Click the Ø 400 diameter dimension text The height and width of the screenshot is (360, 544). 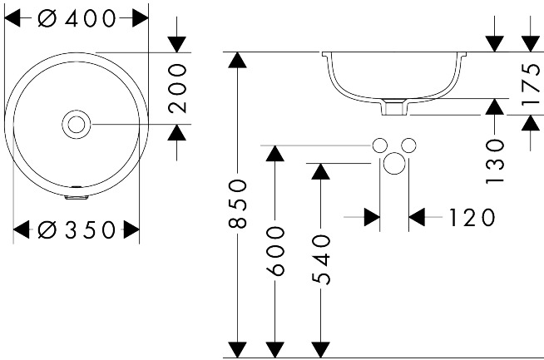pyautogui.click(x=77, y=18)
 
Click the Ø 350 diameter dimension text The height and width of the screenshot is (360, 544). pyautogui.click(x=77, y=229)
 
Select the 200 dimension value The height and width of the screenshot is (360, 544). pyautogui.click(x=177, y=88)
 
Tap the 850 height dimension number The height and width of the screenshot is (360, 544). pyautogui.click(x=238, y=204)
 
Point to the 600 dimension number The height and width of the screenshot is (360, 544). pyautogui.click(x=275, y=251)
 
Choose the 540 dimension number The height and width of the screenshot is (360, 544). pyautogui.click(x=321, y=259)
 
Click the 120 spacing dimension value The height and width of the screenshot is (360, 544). pyautogui.click(x=472, y=218)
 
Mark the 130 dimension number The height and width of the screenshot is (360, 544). pyautogui.click(x=495, y=161)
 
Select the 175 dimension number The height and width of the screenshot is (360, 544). pyautogui.click(x=531, y=84)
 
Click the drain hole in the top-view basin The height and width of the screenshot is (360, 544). pyautogui.click(x=76, y=124)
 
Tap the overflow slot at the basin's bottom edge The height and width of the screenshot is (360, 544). pyautogui.click(x=77, y=197)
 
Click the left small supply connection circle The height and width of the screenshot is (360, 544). pyautogui.click(x=380, y=145)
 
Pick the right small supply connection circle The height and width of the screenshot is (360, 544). pyautogui.click(x=408, y=145)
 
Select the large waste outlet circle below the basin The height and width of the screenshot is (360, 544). pyautogui.click(x=394, y=164)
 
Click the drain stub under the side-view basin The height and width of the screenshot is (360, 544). pyautogui.click(x=394, y=106)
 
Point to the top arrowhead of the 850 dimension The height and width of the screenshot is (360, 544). pyautogui.click(x=238, y=60)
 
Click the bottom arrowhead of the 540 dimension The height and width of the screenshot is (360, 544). pyautogui.click(x=321, y=349)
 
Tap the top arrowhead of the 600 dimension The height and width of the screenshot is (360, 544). pyautogui.click(x=275, y=154)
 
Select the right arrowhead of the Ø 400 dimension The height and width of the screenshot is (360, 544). pyautogui.click(x=141, y=18)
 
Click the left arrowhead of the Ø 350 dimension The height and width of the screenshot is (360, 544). pyautogui.click(x=21, y=229)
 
